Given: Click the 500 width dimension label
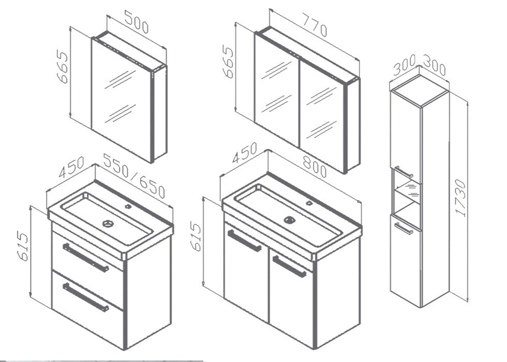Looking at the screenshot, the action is tap(136, 22).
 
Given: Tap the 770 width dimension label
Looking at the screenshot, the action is tap(315, 25).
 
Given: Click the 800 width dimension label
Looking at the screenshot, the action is tap(315, 167).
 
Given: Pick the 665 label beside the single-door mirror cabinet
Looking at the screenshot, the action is tap(62, 66).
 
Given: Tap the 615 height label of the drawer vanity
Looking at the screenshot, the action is tap(23, 247).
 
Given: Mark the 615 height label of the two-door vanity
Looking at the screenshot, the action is tap(196, 236).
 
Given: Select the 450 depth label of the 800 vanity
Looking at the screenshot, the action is tap(245, 153).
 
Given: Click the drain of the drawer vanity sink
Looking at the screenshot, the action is tap(108, 223).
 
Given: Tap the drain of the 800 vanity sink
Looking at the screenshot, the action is tap(289, 220).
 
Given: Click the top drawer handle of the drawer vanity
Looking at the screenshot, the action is tap(86, 258).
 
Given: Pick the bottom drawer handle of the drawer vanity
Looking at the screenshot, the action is tap(86, 297).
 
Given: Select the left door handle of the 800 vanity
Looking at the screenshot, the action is tap(244, 240).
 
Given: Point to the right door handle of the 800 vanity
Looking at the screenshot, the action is tap(289, 266).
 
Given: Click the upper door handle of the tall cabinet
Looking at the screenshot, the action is tap(404, 172).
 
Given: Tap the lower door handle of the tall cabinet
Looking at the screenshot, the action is tap(404, 228).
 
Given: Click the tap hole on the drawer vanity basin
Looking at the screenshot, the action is tap(128, 206).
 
